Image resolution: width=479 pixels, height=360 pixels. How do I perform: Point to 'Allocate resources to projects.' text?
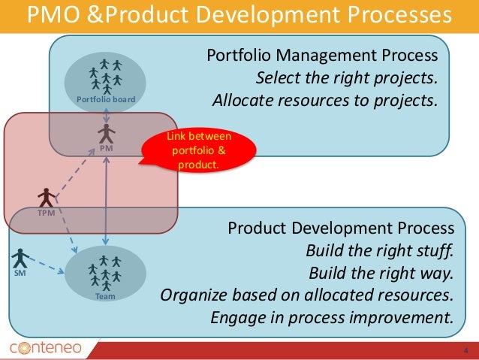point(324,101)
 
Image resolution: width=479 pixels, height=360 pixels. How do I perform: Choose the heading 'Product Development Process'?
point(341,228)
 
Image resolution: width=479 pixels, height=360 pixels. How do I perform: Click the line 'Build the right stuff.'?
point(380,250)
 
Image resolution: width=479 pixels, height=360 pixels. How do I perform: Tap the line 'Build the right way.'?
point(381,271)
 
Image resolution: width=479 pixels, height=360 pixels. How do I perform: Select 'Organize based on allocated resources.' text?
point(308,293)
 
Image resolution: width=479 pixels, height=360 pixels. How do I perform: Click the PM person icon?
point(107,135)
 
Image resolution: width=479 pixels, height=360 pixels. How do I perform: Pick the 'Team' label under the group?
point(106,297)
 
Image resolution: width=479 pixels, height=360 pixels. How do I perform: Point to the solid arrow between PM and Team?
point(107,203)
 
